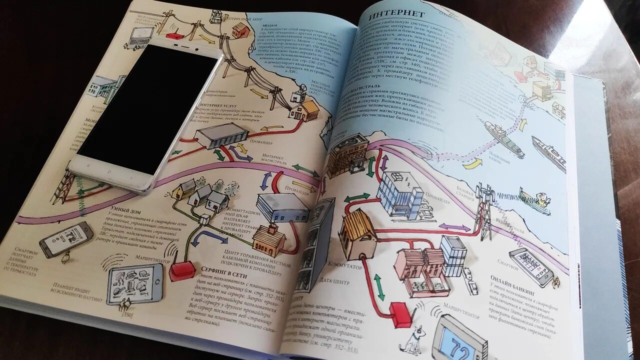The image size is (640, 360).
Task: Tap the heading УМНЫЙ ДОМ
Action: [x=120, y=206]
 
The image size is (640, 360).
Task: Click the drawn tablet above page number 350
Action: [x=134, y=283]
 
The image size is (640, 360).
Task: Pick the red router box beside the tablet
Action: [x=182, y=270]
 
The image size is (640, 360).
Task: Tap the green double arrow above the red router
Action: [x=379, y=286]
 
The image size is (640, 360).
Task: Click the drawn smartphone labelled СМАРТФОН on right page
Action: [x=530, y=267]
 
